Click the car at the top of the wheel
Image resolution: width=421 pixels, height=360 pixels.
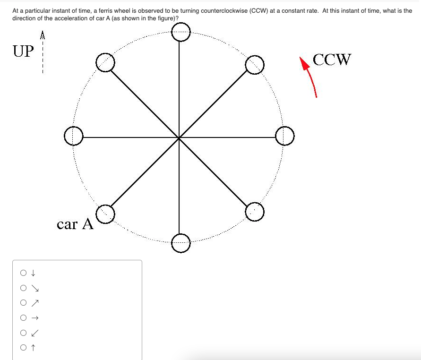point(180,32)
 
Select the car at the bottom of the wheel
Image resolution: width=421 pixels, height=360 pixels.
point(180,243)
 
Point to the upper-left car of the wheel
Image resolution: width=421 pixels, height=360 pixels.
point(105,62)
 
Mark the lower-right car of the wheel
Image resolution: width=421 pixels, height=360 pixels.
point(255,212)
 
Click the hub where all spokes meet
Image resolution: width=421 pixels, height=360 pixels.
point(179,137)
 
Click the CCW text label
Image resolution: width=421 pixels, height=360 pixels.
point(332,60)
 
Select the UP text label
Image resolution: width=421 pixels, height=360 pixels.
point(24,51)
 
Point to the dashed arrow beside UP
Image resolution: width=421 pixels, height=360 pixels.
point(43,52)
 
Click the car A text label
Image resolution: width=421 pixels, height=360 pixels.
point(75,224)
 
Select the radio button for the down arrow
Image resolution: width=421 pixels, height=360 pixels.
point(23,273)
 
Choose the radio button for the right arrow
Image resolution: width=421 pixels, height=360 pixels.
point(23,318)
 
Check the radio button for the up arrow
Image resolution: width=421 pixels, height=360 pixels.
point(23,348)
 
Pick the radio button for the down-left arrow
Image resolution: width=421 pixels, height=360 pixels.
point(23,333)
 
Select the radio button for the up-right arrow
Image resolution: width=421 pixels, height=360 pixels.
point(23,303)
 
